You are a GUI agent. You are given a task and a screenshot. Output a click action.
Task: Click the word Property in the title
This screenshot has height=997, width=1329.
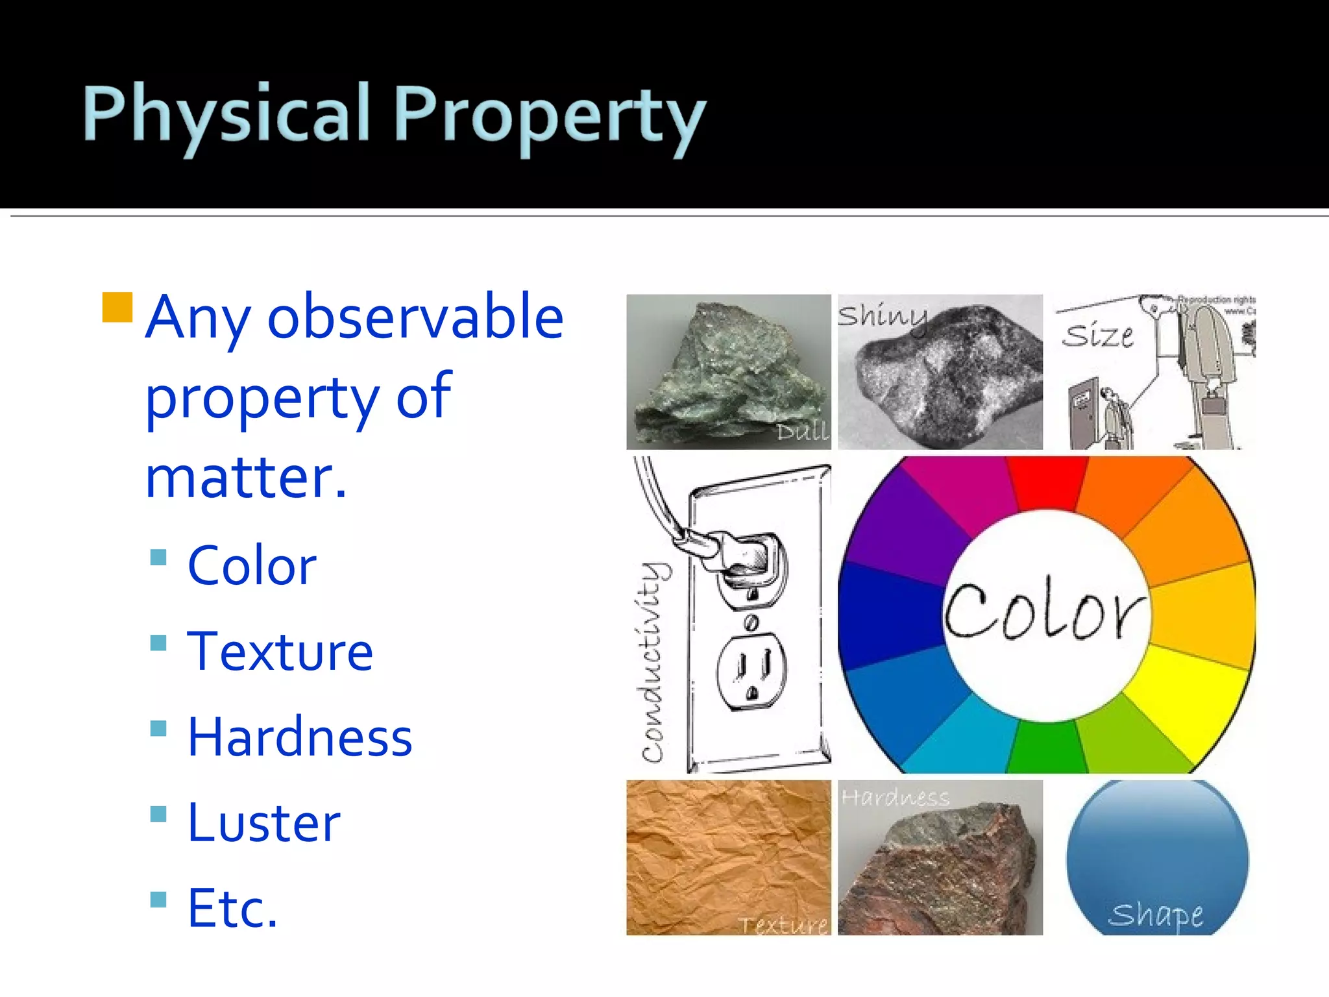549,117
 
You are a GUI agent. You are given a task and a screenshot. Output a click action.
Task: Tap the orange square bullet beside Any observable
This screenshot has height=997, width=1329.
117,308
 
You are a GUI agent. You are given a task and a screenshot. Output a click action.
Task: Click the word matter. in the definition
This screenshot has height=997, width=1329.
246,478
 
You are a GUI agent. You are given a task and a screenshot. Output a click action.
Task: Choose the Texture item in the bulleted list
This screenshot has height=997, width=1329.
280,652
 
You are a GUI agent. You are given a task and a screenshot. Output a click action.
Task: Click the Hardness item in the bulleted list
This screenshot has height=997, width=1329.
299,737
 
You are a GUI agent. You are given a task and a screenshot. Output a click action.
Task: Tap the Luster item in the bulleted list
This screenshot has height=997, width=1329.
263,823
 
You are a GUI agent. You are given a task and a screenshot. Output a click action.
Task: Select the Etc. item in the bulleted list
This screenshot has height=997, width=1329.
232,908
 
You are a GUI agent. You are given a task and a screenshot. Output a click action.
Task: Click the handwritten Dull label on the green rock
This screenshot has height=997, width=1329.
803,431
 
